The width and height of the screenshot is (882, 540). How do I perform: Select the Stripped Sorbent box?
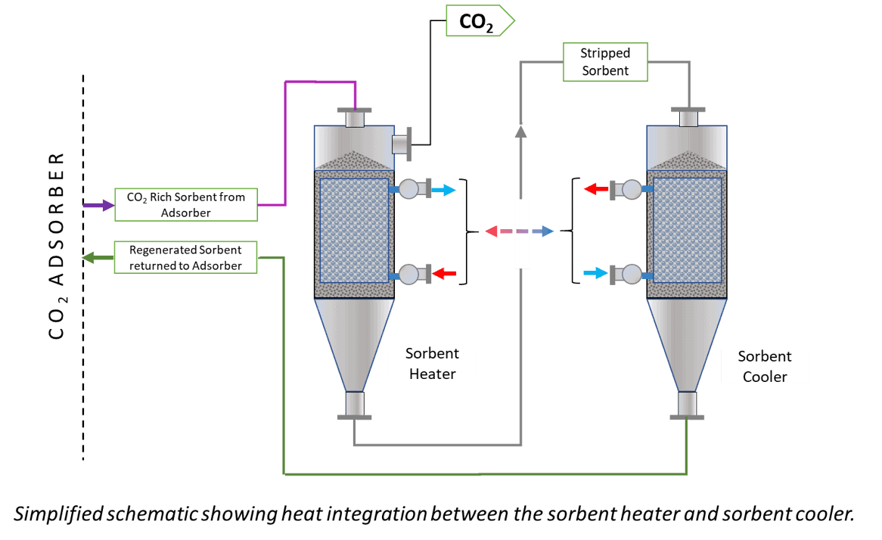click(x=605, y=62)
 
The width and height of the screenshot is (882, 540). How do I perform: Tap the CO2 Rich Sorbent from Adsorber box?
click(x=185, y=204)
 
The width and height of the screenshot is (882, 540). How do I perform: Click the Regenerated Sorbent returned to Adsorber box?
click(x=185, y=257)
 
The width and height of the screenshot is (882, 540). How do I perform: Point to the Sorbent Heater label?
click(x=432, y=363)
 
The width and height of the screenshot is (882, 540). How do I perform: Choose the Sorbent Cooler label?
click(x=765, y=366)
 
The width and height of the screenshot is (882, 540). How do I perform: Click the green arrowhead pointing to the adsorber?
click(x=88, y=257)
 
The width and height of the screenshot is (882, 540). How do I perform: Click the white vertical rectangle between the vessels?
click(x=522, y=233)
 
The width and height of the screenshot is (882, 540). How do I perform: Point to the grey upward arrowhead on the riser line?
click(x=520, y=131)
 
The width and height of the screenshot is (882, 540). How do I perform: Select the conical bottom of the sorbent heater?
click(x=354, y=340)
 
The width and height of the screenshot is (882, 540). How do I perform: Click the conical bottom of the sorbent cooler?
click(x=687, y=340)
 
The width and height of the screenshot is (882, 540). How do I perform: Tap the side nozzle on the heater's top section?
click(x=401, y=144)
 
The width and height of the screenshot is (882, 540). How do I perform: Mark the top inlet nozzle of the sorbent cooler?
click(x=688, y=117)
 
